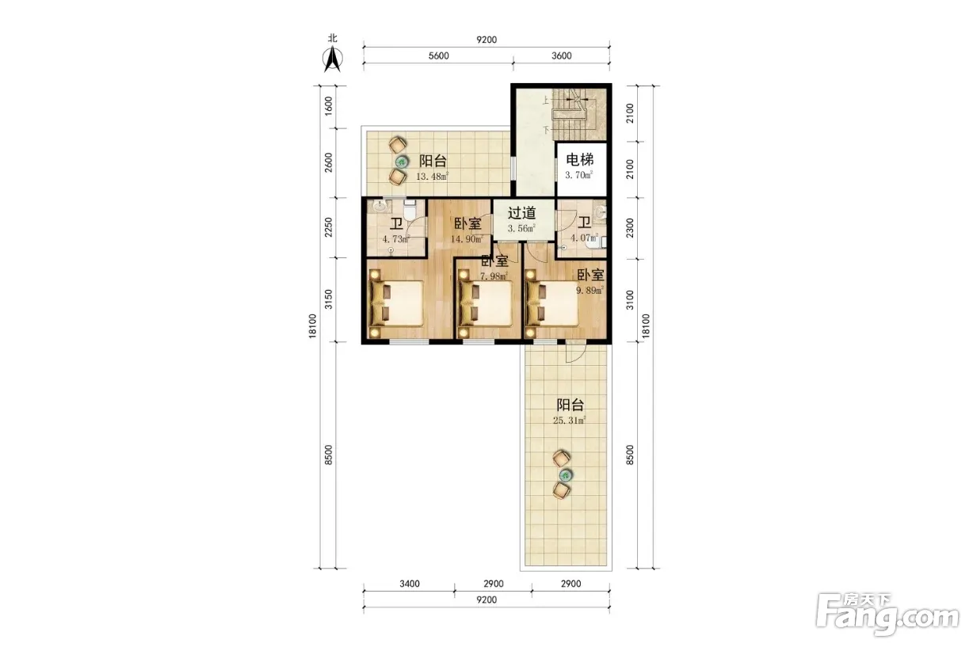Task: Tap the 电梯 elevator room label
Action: click(580, 160)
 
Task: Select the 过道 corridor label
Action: click(521, 213)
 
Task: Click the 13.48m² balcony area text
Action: click(432, 177)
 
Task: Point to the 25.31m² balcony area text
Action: click(570, 420)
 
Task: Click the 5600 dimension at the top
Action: click(439, 55)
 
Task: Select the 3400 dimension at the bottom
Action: click(410, 584)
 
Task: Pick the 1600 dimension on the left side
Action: click(329, 106)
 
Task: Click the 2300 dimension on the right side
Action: click(630, 228)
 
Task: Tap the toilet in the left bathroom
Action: click(409, 210)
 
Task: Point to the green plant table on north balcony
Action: click(403, 162)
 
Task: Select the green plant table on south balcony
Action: click(566, 474)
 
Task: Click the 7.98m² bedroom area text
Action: click(494, 276)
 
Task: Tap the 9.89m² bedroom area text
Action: click(590, 290)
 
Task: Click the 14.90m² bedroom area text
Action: click(467, 239)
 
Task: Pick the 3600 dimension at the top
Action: click(561, 55)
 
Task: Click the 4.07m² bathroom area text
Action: click(584, 238)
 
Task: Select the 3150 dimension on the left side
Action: click(329, 299)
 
